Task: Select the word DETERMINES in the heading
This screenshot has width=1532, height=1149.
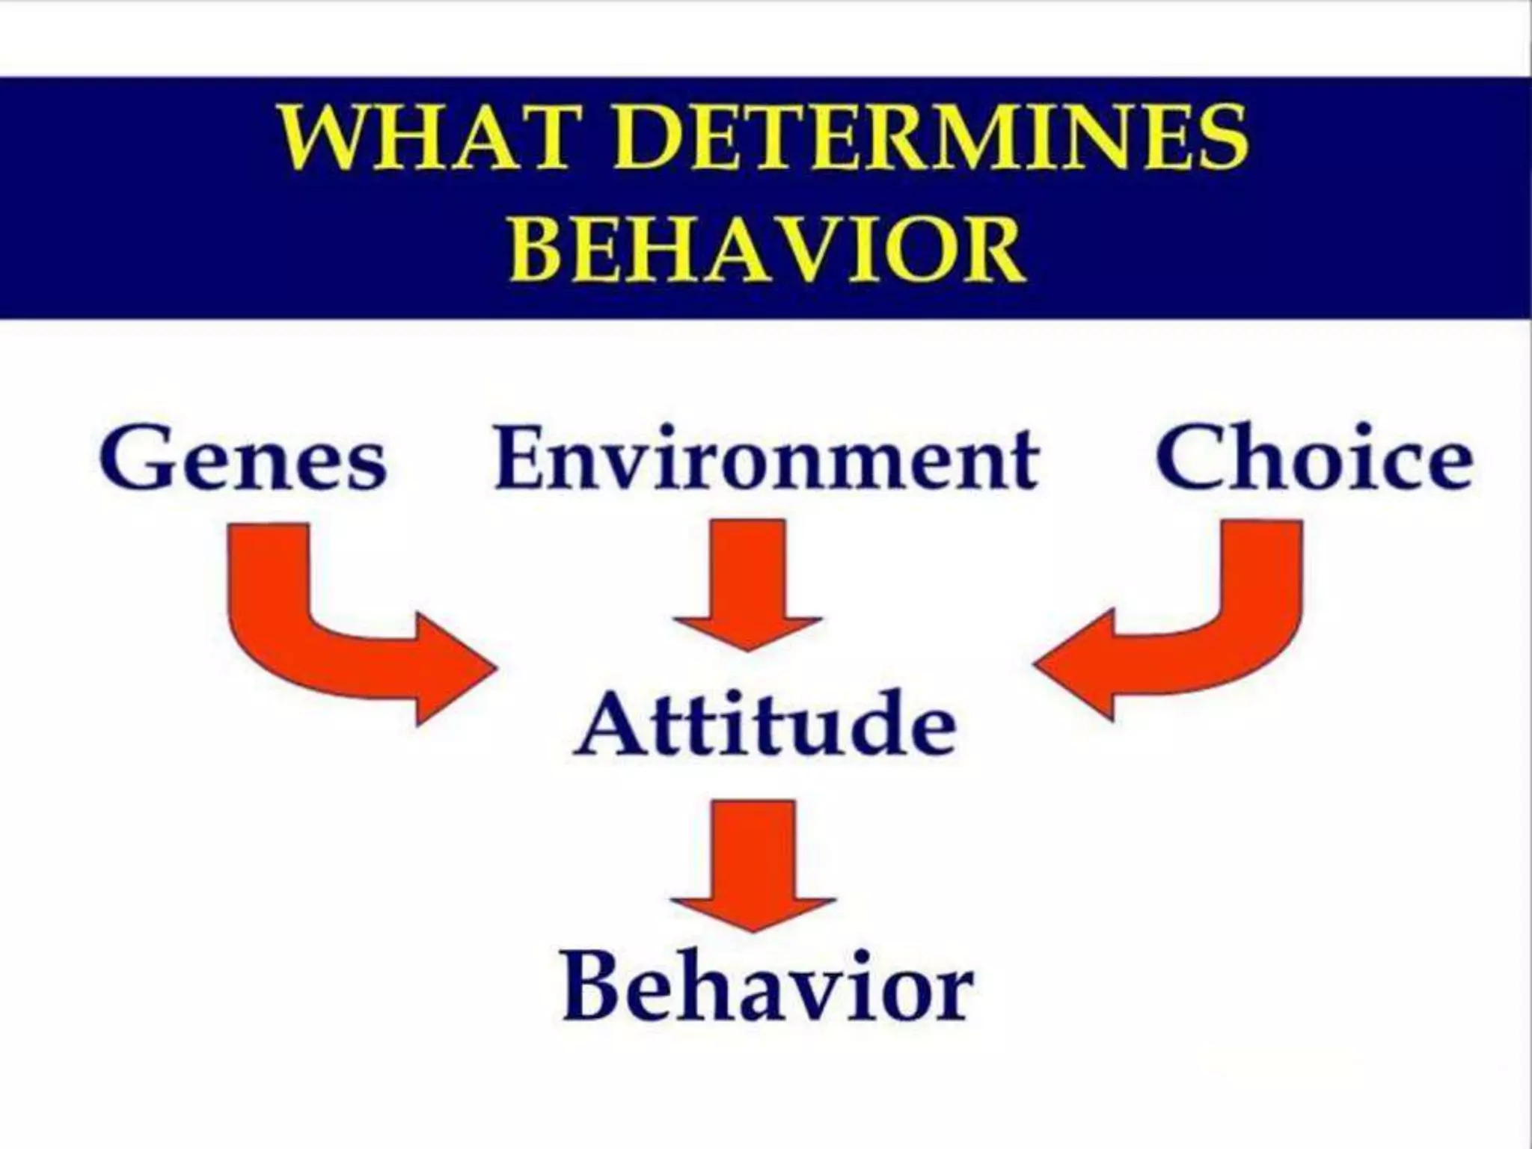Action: click(x=931, y=139)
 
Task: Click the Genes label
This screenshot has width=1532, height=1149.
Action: click(x=242, y=458)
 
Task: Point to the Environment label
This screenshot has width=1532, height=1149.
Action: click(x=766, y=458)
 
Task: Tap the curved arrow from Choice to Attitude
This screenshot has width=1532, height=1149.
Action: click(x=1227, y=636)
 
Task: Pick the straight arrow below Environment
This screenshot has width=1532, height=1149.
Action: click(x=748, y=583)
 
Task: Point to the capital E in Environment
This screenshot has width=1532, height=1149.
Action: click(x=521, y=458)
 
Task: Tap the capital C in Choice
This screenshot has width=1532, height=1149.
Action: click(x=1194, y=458)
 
